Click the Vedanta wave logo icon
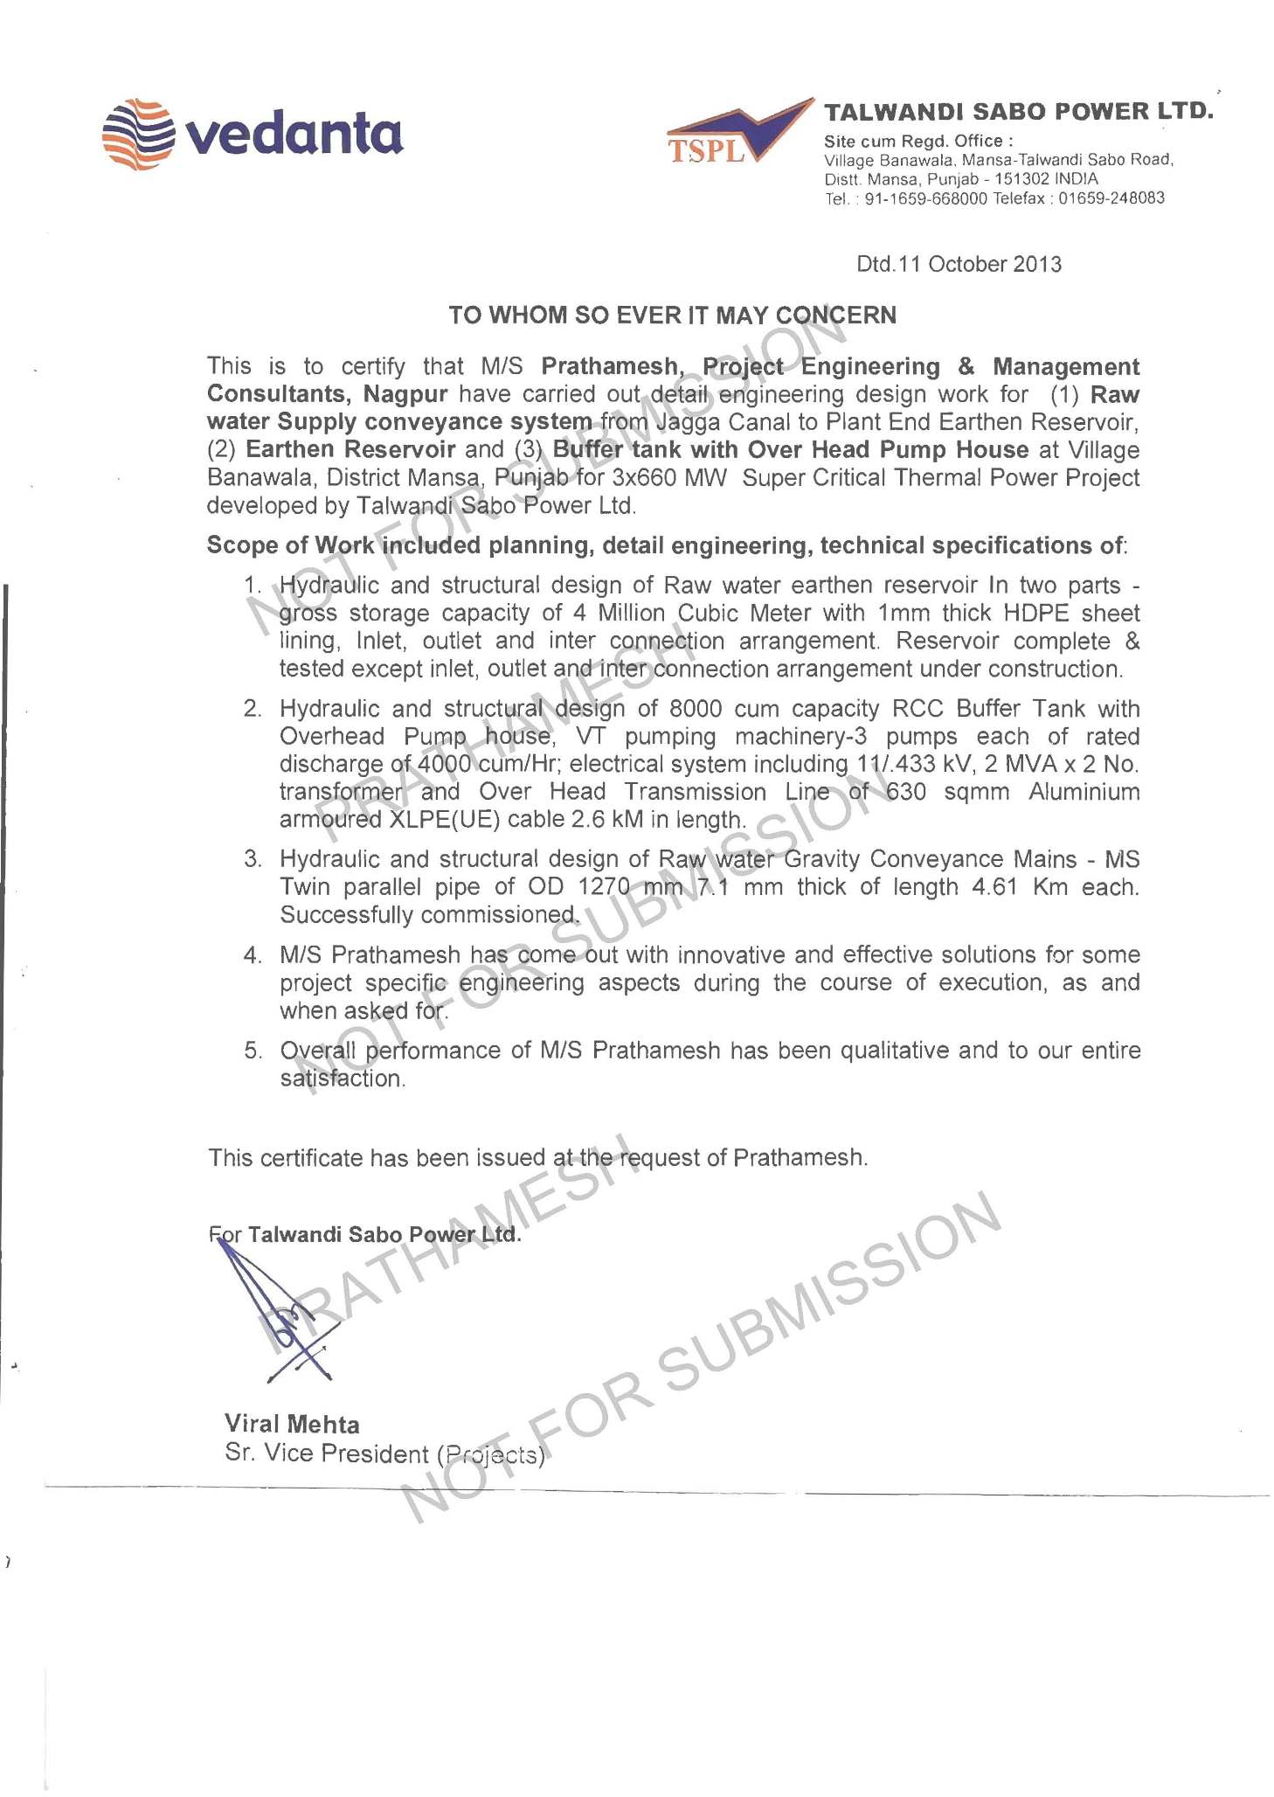138,134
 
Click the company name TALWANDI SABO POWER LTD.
1019,112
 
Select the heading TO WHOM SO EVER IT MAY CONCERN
672,316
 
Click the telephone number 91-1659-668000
925,198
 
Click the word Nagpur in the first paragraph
405,394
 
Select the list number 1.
253,585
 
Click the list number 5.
253,1051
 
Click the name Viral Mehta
292,1425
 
